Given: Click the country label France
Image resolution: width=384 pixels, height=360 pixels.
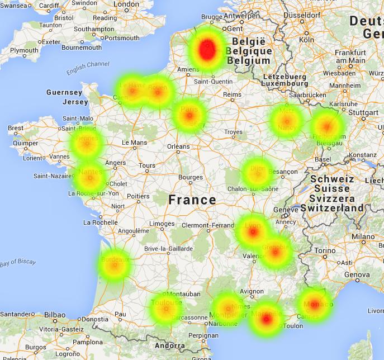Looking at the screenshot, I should pos(192,200).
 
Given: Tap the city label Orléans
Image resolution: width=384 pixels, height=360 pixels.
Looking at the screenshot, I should pos(178,146).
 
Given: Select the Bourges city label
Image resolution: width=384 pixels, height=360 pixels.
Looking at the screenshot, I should pos(190,177).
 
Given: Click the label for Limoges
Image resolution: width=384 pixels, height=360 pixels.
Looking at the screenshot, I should pos(162,224).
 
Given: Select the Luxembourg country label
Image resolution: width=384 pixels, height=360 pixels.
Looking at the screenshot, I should pos(286,83).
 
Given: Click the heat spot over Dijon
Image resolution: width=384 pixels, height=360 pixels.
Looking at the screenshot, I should pos(257,173).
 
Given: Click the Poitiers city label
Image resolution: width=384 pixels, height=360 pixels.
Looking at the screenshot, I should pos(138,196).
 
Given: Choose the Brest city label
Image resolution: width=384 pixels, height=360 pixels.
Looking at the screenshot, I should pos(16,128).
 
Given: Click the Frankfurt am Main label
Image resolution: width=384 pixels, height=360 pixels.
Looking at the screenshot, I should pos(350,56).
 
